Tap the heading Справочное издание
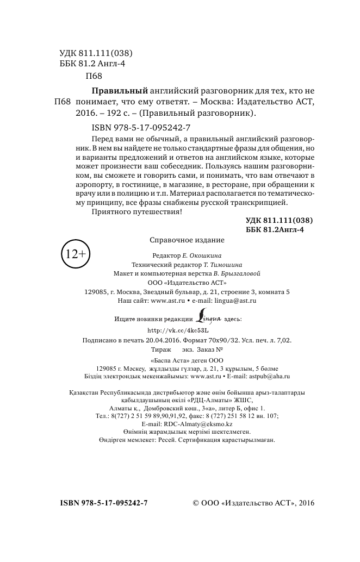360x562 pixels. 187,240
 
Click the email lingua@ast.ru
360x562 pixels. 235,300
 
